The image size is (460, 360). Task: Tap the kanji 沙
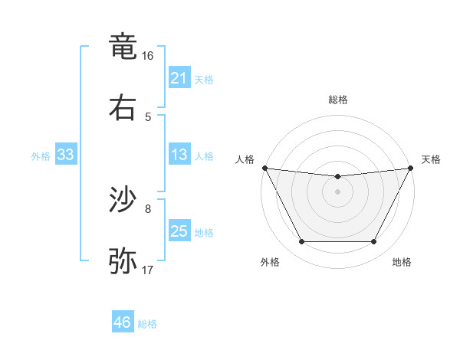click(123, 200)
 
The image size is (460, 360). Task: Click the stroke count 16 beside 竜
click(148, 56)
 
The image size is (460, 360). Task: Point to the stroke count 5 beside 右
click(148, 117)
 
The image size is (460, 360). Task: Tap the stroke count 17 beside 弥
click(148, 270)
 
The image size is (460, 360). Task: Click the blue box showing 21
click(179, 78)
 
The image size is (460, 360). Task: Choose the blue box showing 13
click(179, 155)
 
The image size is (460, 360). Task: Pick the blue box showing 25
click(179, 231)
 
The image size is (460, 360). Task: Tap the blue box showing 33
click(66, 155)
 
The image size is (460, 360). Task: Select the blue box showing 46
click(123, 322)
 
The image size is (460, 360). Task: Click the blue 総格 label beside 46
click(147, 324)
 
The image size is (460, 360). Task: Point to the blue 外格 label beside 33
click(41, 156)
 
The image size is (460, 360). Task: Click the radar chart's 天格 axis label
click(431, 159)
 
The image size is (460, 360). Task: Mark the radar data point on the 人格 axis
click(264, 168)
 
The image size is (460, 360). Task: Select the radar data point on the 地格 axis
click(374, 242)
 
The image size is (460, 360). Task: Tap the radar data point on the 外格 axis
click(301, 242)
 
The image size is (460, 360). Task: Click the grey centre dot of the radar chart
click(337, 191)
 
